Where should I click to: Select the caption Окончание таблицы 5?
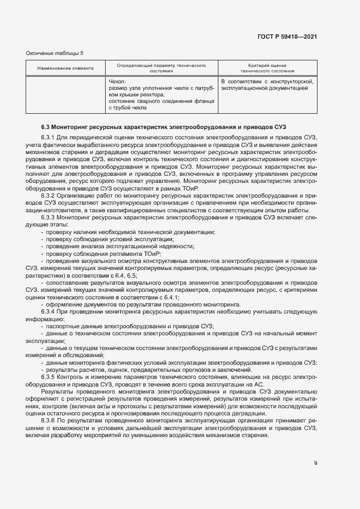[54, 53]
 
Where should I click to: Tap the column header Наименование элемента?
[65, 68]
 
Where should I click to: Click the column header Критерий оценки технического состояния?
[267, 68]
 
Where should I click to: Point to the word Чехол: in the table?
[118, 81]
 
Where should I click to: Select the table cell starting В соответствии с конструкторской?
[267, 84]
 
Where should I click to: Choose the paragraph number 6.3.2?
[48, 195]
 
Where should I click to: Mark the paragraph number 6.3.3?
[48, 217]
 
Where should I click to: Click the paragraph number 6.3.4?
[48, 311]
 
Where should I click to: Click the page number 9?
[315, 463]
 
